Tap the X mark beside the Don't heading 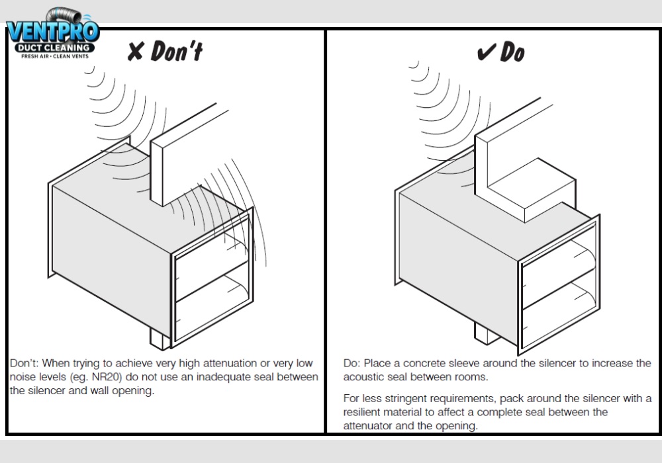pos(135,52)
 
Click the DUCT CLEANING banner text pos(53,48)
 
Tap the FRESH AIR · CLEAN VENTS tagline pos(53,57)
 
